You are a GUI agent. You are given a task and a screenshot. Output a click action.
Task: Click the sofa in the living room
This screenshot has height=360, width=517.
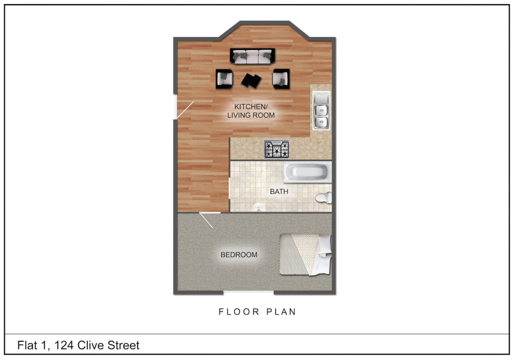click(x=252, y=56)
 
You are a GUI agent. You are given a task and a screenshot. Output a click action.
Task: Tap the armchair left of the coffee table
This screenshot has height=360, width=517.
click(x=225, y=78)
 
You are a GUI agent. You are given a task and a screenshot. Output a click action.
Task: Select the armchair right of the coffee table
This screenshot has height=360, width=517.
click(x=281, y=78)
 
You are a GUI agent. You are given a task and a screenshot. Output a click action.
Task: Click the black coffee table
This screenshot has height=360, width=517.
click(x=251, y=80)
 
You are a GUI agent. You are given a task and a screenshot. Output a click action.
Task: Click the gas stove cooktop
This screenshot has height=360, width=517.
click(x=277, y=149)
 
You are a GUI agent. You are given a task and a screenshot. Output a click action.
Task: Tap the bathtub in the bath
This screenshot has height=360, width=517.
click(x=307, y=173)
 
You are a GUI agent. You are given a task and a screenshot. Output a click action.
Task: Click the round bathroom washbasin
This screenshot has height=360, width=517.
click(x=259, y=207)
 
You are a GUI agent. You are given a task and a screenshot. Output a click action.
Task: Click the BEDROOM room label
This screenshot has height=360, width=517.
click(x=239, y=255)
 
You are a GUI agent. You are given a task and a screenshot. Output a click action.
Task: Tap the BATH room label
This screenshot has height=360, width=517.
click(x=279, y=192)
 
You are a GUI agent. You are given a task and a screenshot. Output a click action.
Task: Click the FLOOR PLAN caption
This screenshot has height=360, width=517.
click(x=257, y=312)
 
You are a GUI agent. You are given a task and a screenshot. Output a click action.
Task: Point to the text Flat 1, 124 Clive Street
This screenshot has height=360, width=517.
click(x=78, y=346)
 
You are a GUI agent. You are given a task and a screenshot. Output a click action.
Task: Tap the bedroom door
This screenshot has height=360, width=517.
click(x=206, y=220)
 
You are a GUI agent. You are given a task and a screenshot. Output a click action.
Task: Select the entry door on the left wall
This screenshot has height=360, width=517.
click(x=184, y=111)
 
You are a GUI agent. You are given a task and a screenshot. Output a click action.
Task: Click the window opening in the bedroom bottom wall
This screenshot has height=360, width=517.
click(x=248, y=292)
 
